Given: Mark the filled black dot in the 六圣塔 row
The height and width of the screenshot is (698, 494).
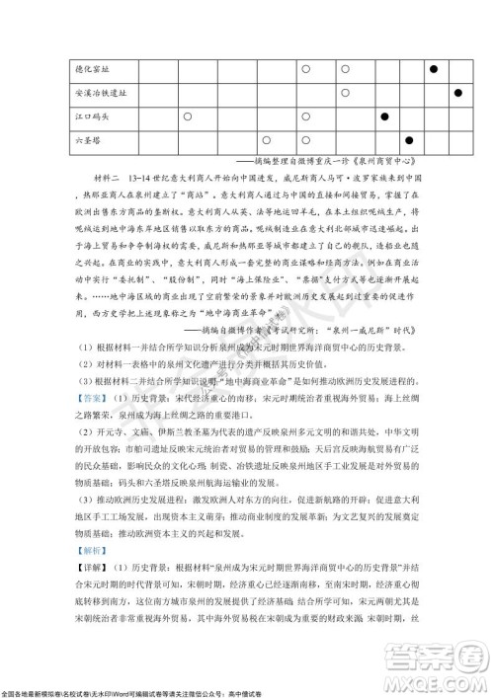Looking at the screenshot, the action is pyautogui.click(x=409, y=141).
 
